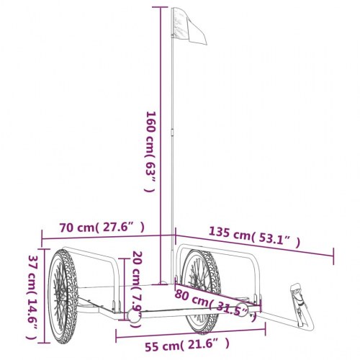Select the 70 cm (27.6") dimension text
102,228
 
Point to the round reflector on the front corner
135,317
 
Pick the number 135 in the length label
220,232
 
